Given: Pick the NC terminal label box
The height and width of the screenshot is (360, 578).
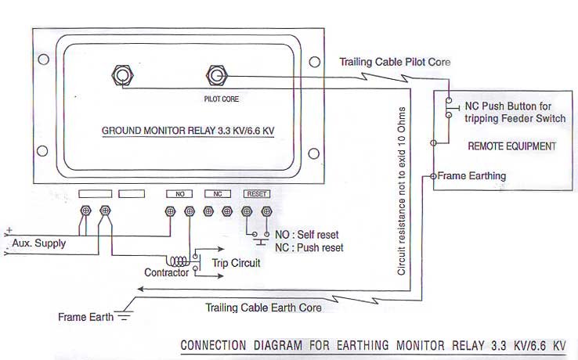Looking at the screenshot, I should pos(217,193).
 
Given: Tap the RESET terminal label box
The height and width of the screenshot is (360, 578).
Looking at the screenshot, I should pos(257,193).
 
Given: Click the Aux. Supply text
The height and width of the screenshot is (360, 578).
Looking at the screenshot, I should pos(39,243).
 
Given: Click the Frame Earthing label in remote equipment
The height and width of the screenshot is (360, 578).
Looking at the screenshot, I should pos(471,176).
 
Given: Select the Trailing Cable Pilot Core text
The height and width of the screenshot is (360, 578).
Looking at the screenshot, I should pos(394,61).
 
